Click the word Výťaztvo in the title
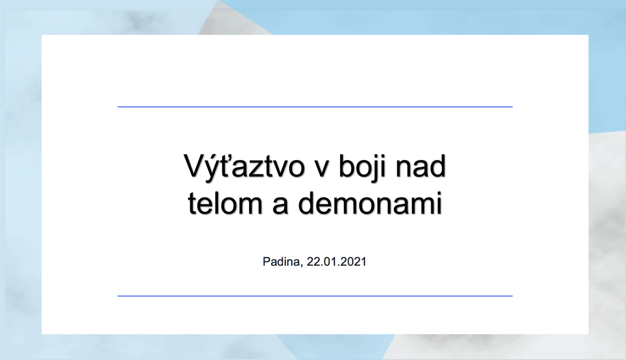pyautogui.click(x=244, y=167)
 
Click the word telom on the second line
pyautogui.click(x=225, y=203)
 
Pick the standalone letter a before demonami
pyautogui.click(x=280, y=206)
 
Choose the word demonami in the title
pyautogui.click(x=370, y=203)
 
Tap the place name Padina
pyautogui.click(x=281, y=262)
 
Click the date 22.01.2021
pyautogui.click(x=337, y=262)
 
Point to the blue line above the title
pyautogui.click(x=315, y=107)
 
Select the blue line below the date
pyautogui.click(x=315, y=296)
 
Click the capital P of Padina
pyautogui.click(x=267, y=261)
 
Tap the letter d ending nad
pyautogui.click(x=438, y=166)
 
